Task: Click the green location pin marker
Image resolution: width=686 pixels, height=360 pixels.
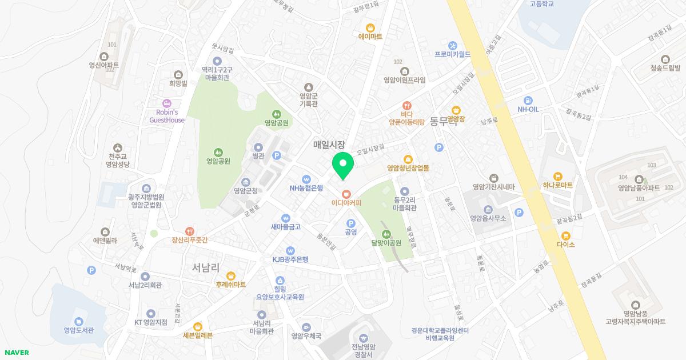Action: (x=343, y=165)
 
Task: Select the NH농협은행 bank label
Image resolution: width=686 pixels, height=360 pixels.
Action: (x=306, y=187)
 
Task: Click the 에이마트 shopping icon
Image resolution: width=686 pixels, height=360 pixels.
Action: (x=370, y=27)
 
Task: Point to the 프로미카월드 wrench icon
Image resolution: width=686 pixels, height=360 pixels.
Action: (x=452, y=45)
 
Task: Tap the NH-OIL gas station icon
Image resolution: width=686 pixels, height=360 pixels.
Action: (x=528, y=100)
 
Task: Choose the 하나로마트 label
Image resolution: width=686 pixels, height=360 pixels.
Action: (x=558, y=186)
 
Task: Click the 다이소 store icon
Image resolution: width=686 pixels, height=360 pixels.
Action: (x=565, y=235)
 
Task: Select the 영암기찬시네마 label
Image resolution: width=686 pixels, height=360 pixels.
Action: (x=494, y=187)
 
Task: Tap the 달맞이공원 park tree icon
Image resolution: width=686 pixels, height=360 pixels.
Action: (x=386, y=234)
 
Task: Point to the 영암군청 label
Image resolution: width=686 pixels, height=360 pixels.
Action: (x=246, y=191)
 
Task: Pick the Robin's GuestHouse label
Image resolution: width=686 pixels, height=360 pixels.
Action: (x=167, y=117)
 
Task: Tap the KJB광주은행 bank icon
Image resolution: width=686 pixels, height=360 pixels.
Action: (x=290, y=250)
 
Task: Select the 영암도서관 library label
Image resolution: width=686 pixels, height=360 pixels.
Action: (x=79, y=330)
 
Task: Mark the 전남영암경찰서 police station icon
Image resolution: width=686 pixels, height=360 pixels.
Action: (x=364, y=338)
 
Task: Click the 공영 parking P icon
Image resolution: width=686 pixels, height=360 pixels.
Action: (x=351, y=223)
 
